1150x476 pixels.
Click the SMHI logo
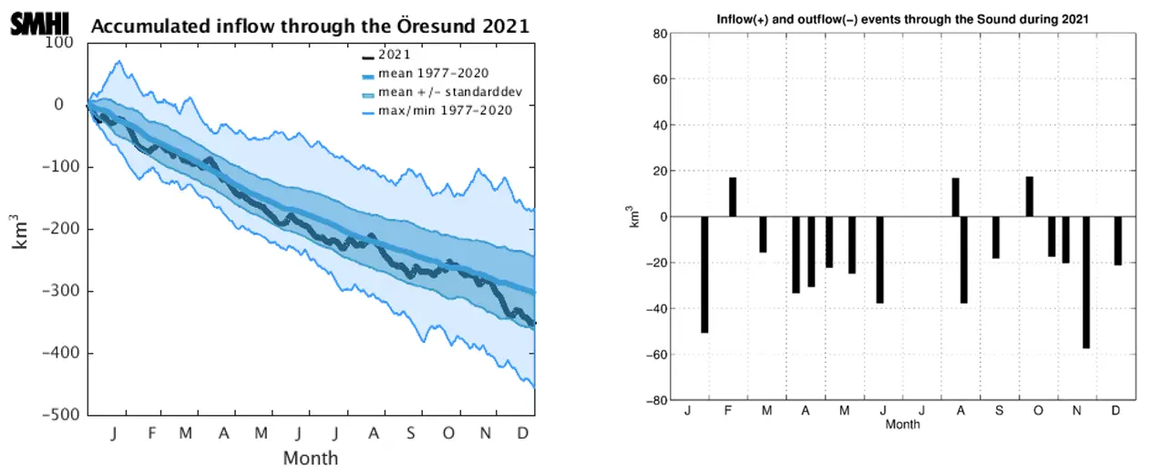tap(39, 24)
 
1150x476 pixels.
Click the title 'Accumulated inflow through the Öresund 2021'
tap(309, 26)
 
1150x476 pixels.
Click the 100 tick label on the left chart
tap(61, 43)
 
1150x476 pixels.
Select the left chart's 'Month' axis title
tap(310, 458)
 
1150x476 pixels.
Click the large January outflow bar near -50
tap(704, 274)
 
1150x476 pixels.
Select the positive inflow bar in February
tap(732, 197)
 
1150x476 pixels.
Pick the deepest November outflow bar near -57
tap(1086, 282)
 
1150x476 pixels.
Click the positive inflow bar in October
tap(1030, 196)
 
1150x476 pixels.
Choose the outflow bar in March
tap(764, 234)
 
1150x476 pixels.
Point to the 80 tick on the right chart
tap(662, 34)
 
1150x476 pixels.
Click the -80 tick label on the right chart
tap(658, 400)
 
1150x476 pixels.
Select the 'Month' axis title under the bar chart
tap(902, 424)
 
